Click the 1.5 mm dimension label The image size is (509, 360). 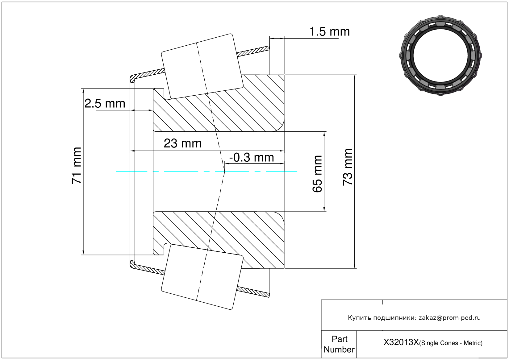(x=329, y=31)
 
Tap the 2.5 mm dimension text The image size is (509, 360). (x=105, y=104)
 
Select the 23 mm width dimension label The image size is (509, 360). (x=183, y=143)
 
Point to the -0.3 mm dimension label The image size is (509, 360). (x=252, y=157)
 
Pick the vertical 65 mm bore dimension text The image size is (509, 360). (x=317, y=174)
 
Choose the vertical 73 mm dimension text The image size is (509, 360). (x=348, y=167)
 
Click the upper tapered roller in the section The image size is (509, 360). (x=202, y=67)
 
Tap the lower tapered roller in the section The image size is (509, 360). (x=202, y=277)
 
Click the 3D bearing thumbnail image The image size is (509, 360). (x=440, y=56)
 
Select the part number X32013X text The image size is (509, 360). (x=401, y=342)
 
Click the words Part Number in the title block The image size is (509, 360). (x=339, y=344)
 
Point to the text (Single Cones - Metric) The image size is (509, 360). (x=451, y=343)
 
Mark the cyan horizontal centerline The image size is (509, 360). (x=207, y=172)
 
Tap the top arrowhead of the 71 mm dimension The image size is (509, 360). (x=83, y=91)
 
